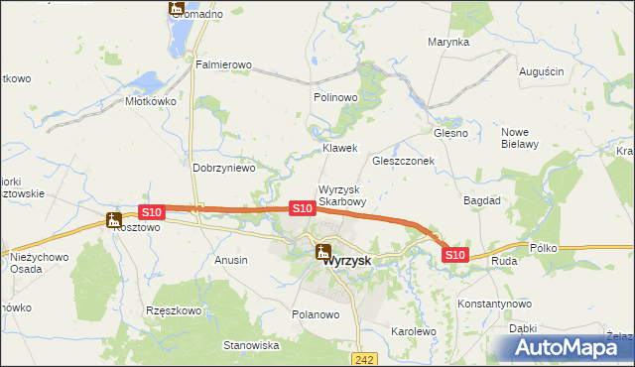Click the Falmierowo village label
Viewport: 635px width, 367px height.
pyautogui.click(x=223, y=64)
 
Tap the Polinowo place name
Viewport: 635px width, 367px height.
pyautogui.click(x=334, y=97)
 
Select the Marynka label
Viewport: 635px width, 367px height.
pyautogui.click(x=448, y=43)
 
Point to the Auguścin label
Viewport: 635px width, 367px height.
pyautogui.click(x=542, y=71)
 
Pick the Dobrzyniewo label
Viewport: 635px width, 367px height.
pyautogui.click(x=224, y=168)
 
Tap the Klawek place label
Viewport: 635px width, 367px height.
pyautogui.click(x=339, y=148)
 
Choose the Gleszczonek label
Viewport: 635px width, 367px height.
pyautogui.click(x=404, y=161)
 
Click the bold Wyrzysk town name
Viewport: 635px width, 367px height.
pyautogui.click(x=347, y=260)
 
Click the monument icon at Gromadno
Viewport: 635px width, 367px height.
pyautogui.click(x=178, y=9)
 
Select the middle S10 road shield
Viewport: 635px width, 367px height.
pyautogui.click(x=303, y=208)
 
